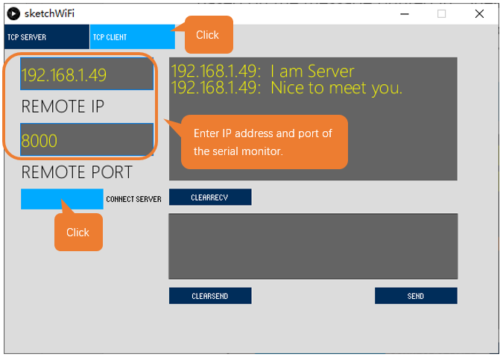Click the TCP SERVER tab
click(47, 37)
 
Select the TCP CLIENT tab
click(133, 37)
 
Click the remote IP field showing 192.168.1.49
click(86, 74)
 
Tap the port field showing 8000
click(86, 139)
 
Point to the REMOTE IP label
click(63, 107)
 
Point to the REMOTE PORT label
click(77, 172)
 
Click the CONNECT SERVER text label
click(134, 199)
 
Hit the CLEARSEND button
click(210, 295)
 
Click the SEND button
click(416, 295)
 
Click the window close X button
click(479, 14)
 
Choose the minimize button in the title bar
click(405, 14)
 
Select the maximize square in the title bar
click(441, 14)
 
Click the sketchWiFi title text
click(49, 13)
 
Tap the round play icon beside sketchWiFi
click(13, 14)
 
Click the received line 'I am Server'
click(312, 71)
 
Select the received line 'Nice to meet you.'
click(336, 88)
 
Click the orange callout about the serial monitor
click(265, 142)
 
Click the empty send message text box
click(313, 246)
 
